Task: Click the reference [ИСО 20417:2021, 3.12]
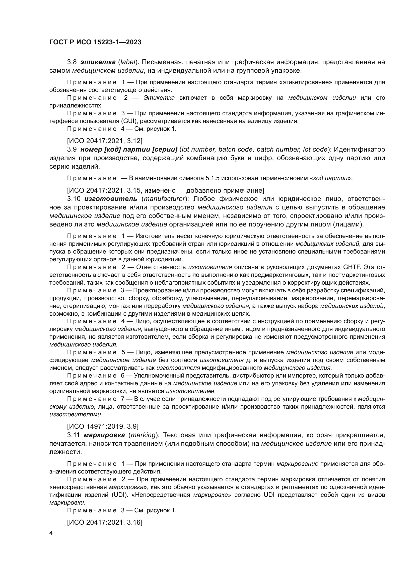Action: pos(105,141)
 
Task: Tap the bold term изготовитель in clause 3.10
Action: pos(111,199)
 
